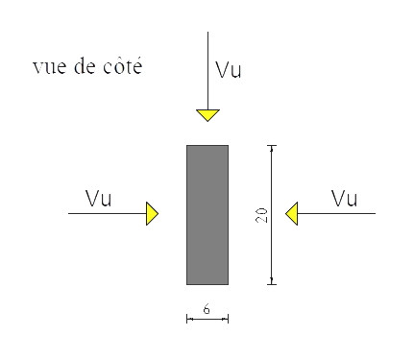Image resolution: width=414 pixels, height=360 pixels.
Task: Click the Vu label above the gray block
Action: (x=229, y=70)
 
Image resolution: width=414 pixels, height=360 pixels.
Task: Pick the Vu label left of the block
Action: (x=99, y=200)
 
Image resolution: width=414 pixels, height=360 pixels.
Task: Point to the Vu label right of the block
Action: (x=344, y=200)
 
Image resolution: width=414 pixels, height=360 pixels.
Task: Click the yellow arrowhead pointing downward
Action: (x=207, y=115)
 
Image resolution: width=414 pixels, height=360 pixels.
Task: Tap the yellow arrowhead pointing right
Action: (x=152, y=213)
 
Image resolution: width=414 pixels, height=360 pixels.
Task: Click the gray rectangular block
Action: (x=207, y=214)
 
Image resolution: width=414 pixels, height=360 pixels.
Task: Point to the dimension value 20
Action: (x=261, y=214)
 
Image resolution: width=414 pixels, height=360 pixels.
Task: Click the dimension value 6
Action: (x=207, y=310)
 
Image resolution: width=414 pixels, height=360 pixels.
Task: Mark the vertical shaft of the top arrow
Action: (x=207, y=67)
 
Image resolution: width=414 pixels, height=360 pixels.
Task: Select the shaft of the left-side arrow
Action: (x=106, y=213)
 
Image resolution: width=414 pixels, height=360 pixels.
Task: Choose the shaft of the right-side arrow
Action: (x=336, y=213)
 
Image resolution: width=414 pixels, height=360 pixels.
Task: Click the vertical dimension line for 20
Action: (x=272, y=250)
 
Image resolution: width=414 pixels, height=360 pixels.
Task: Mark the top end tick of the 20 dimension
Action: (x=272, y=145)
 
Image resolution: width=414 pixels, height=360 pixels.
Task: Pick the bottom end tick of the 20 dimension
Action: (x=272, y=284)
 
